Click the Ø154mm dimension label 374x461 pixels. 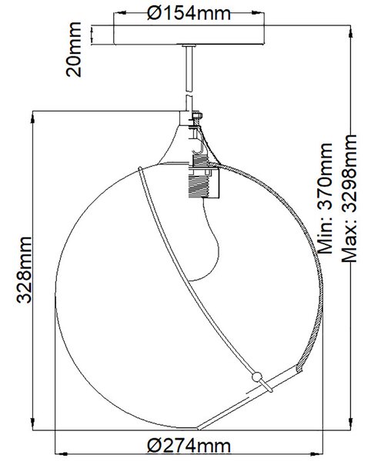tap(189, 13)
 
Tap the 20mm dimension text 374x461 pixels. tap(73, 49)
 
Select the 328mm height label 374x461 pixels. tap(24, 270)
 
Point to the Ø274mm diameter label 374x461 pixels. tap(189, 446)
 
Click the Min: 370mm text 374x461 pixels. tap(326, 198)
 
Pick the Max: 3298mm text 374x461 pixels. tap(349, 198)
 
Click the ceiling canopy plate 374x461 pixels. tap(189, 35)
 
